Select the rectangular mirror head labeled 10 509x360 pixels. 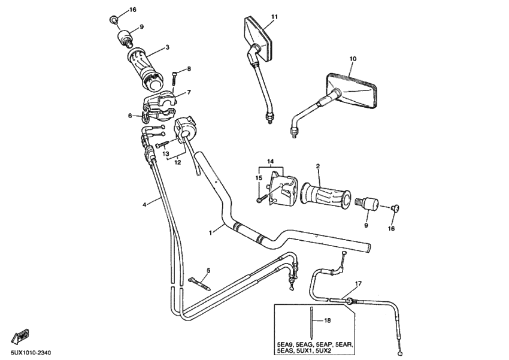coord(353,88)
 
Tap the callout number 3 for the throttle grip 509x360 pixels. coord(167,47)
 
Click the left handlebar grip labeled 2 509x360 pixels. coord(327,195)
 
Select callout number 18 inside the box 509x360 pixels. coord(327,321)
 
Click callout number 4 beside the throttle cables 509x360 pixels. coord(144,205)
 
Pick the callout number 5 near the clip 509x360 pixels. coord(208,271)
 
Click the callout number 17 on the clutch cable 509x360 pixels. coord(358,283)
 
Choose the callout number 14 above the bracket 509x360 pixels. coord(270,162)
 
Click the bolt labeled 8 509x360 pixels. coord(174,76)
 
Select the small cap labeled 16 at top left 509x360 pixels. coord(113,20)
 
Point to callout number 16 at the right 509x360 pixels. coord(392,229)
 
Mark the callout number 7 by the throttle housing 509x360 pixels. coord(188,93)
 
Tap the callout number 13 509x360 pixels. coord(166,154)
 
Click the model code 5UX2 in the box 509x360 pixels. coord(341,352)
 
